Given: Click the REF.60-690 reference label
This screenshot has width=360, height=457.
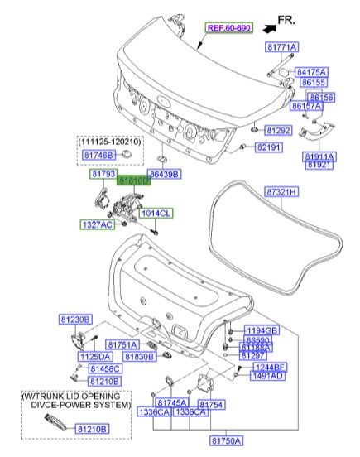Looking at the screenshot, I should (x=228, y=27).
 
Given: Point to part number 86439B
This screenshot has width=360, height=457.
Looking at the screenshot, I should (x=165, y=176).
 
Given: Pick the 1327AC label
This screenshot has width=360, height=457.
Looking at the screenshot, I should (x=97, y=224).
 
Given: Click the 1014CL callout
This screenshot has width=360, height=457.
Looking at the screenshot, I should (x=155, y=213).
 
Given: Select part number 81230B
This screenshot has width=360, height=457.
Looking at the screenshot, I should (x=74, y=320).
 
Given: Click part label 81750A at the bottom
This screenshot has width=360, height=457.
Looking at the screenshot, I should (x=227, y=442).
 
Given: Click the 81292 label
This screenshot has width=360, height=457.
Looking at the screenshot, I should (x=278, y=131).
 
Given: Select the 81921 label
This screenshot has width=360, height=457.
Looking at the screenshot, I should (x=319, y=165).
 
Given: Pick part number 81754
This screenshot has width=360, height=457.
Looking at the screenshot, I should (x=211, y=403).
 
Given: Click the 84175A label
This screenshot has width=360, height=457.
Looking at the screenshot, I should (x=311, y=72).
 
